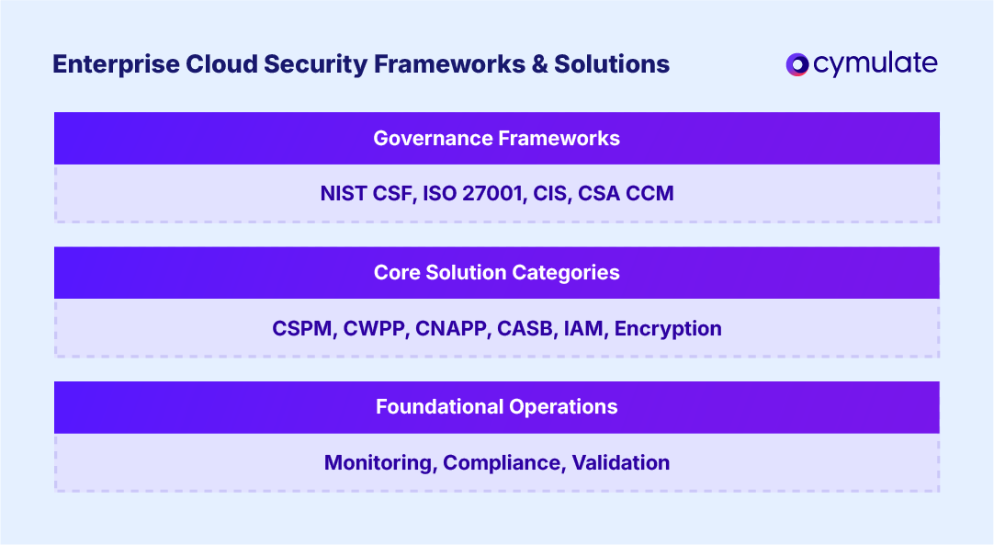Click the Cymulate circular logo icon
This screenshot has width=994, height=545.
(x=796, y=64)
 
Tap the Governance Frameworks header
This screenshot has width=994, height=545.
(x=496, y=139)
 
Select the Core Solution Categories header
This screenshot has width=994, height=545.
(x=496, y=273)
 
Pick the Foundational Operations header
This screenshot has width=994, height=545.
(x=496, y=407)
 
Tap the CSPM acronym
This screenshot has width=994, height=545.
(x=302, y=329)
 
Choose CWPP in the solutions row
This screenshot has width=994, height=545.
(x=375, y=329)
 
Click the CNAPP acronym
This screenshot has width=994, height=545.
(x=451, y=329)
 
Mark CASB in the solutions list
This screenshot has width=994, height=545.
(x=524, y=329)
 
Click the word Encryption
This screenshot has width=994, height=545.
(x=668, y=329)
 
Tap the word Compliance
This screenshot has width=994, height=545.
(x=502, y=463)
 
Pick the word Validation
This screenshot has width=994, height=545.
(x=621, y=463)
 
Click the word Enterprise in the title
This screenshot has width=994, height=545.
(x=105, y=65)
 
